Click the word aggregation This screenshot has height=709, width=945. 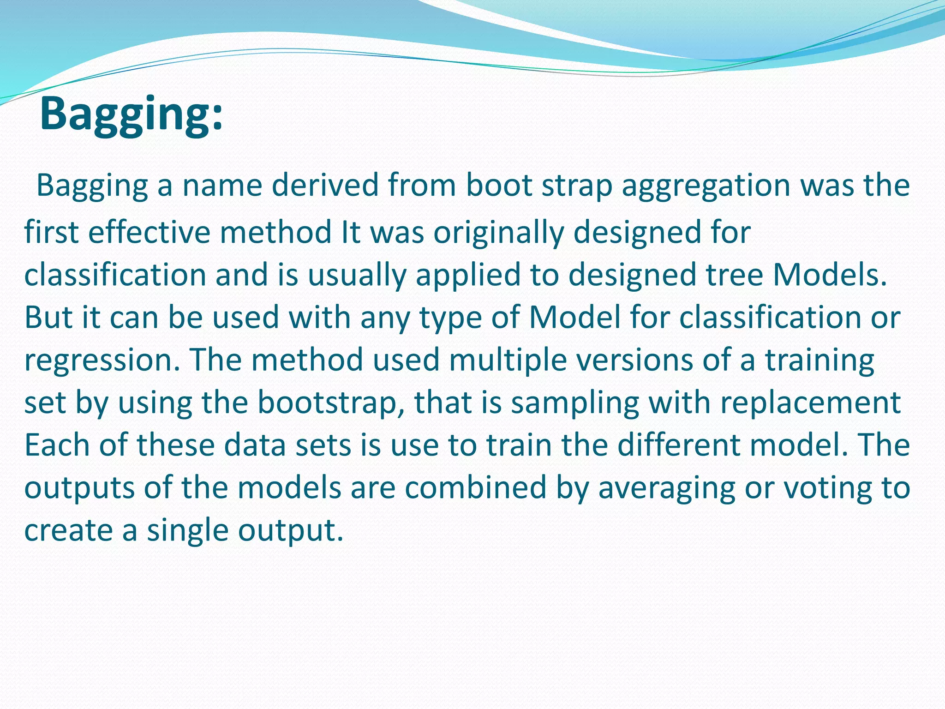tap(706, 186)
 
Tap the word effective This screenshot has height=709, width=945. tap(149, 232)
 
